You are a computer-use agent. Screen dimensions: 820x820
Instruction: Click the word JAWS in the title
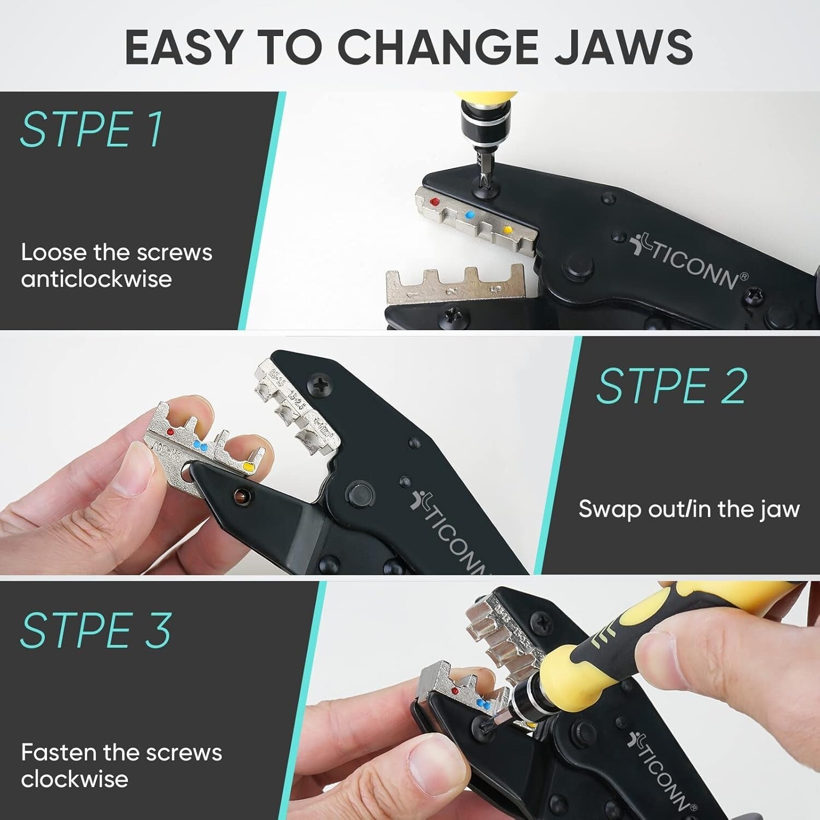click(623, 47)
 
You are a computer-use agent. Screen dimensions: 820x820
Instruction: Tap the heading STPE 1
click(92, 130)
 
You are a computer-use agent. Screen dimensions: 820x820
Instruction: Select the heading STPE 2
click(671, 386)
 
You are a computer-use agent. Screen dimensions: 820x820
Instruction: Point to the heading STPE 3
click(96, 630)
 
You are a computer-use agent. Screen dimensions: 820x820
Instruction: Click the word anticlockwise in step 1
click(96, 279)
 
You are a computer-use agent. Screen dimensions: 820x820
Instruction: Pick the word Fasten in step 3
click(58, 753)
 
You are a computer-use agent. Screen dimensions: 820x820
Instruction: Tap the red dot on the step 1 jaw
click(435, 202)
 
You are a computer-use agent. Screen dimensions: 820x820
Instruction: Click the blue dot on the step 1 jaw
click(468, 215)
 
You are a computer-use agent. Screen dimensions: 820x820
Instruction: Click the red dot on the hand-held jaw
click(170, 432)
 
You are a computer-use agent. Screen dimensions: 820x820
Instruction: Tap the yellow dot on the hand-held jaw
click(248, 467)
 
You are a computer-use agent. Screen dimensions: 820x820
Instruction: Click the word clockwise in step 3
click(74, 780)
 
